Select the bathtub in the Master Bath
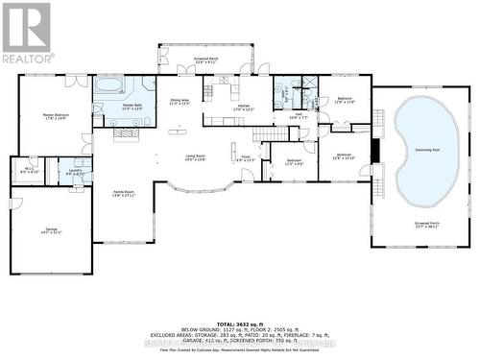108,84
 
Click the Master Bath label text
131,107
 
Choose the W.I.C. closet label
30,172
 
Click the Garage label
50,229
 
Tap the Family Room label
124,193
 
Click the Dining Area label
180,101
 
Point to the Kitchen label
242,107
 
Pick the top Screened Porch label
205,60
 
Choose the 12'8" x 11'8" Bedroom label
345,100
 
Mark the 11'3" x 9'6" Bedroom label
294,162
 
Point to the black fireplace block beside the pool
376,152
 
